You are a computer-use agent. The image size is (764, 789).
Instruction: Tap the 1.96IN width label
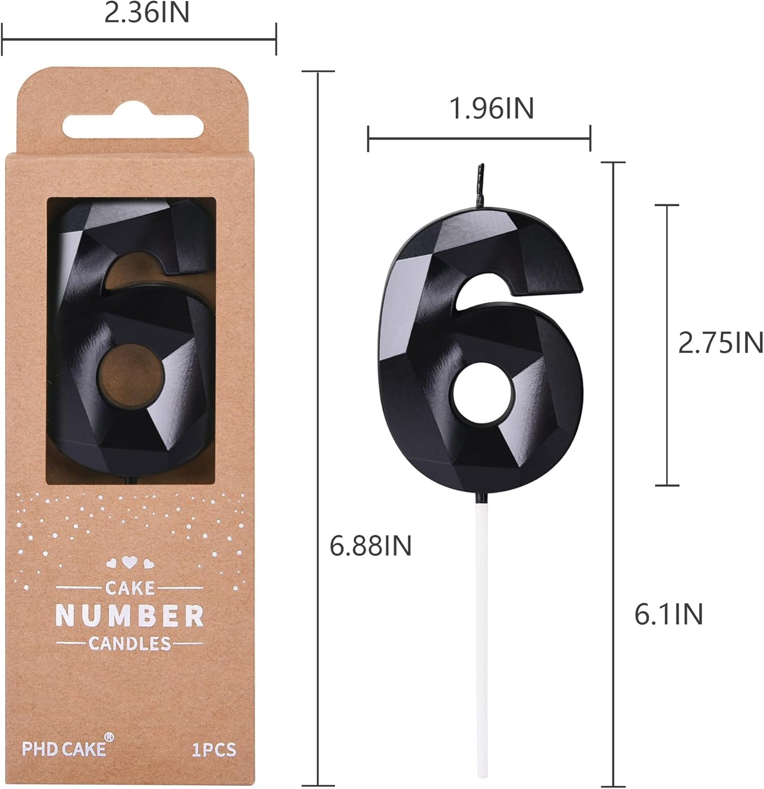point(491,108)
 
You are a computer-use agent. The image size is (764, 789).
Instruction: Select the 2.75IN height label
point(721,343)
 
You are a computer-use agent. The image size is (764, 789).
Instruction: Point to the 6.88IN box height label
point(370,545)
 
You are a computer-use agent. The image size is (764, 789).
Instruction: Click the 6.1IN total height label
point(668,614)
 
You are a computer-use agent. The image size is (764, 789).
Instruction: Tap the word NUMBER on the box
point(130,616)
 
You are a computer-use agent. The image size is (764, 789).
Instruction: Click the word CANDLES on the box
point(130,643)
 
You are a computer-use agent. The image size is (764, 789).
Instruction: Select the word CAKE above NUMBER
point(130,587)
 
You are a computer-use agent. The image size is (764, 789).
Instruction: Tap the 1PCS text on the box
point(214,749)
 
